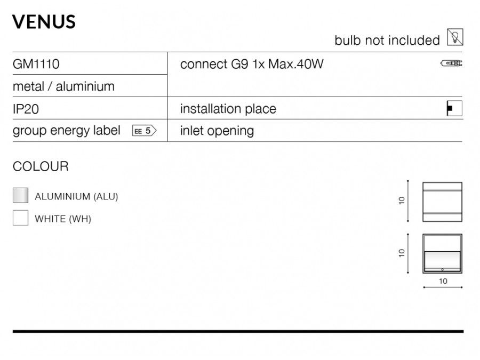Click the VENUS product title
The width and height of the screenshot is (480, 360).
pyautogui.click(x=44, y=22)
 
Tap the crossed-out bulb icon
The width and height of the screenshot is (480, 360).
pyautogui.click(x=455, y=37)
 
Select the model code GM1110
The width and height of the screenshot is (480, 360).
pyautogui.click(x=36, y=64)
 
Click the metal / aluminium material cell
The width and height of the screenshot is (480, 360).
pyautogui.click(x=63, y=86)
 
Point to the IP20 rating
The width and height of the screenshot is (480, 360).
pyautogui.click(x=26, y=109)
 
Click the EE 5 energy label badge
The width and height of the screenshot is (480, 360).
pyautogui.click(x=144, y=131)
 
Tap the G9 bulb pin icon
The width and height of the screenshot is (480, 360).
pyautogui.click(x=451, y=63)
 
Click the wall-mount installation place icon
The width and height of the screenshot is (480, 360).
pyautogui.click(x=454, y=108)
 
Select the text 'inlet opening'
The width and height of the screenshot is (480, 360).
pyautogui.click(x=217, y=131)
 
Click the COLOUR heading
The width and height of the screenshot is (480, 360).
pyautogui.click(x=41, y=166)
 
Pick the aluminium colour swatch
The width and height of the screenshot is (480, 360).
pyautogui.click(x=20, y=195)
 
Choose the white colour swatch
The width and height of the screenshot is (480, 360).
pyautogui.click(x=20, y=218)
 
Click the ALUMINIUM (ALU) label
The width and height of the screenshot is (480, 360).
pyautogui.click(x=76, y=196)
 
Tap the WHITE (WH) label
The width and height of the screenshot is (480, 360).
pyautogui.click(x=63, y=219)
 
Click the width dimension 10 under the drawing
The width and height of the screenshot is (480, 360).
pyautogui.click(x=443, y=281)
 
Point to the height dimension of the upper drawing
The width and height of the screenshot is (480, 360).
pyautogui.click(x=402, y=201)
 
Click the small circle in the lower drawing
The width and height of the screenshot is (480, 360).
pyautogui.click(x=442, y=270)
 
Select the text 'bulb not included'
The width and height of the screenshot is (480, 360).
pyautogui.click(x=387, y=41)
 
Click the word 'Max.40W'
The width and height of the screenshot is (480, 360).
pyautogui.click(x=295, y=64)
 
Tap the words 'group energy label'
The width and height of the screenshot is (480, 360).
pyautogui.click(x=67, y=131)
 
